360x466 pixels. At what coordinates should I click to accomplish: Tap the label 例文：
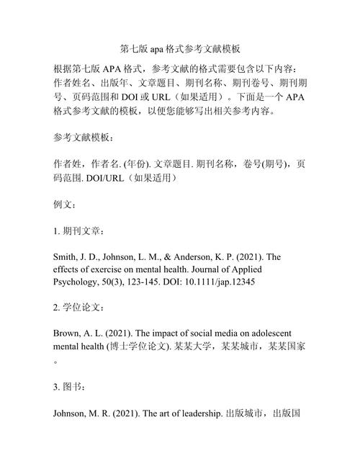coord(66,205)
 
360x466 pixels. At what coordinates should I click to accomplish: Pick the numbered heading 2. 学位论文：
coord(80,308)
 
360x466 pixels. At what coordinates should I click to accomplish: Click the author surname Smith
coord(67,257)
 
